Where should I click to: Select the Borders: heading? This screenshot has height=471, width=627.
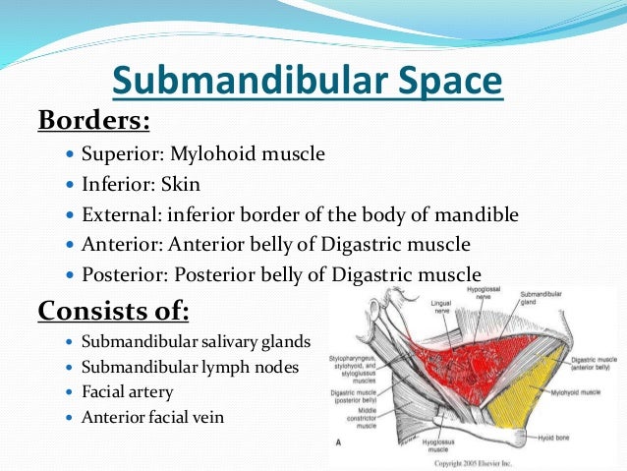[x=93, y=121]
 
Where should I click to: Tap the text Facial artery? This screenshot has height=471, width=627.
[x=127, y=392]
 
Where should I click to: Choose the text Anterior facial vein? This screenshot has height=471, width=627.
[x=151, y=417]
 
